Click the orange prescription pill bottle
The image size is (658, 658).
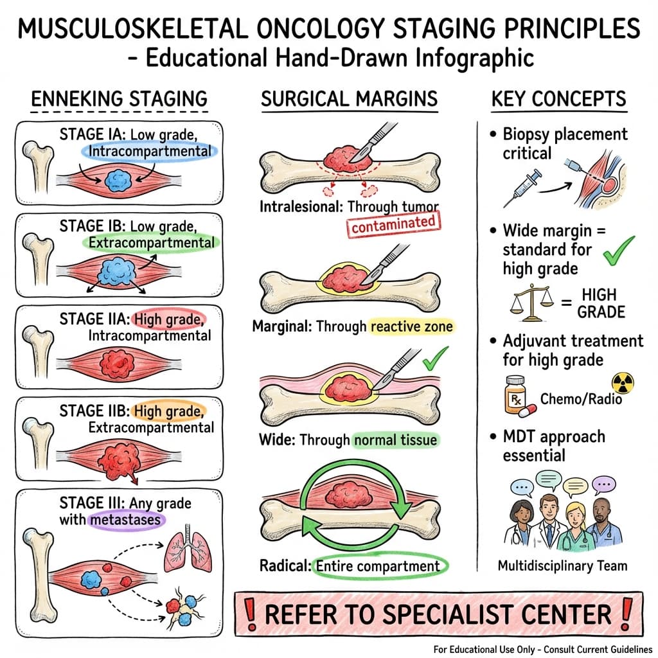coord(515,394)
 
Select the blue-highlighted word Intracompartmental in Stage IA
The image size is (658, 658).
coord(150,151)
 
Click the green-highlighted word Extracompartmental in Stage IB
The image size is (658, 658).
coord(151,243)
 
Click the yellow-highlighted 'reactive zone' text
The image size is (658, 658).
coord(411,326)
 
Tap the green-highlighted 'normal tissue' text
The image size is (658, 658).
coord(395,440)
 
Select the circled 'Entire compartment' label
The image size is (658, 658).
coord(378,566)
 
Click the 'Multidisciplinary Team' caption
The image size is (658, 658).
coord(562,566)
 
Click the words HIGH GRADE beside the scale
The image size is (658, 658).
coord(601,303)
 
